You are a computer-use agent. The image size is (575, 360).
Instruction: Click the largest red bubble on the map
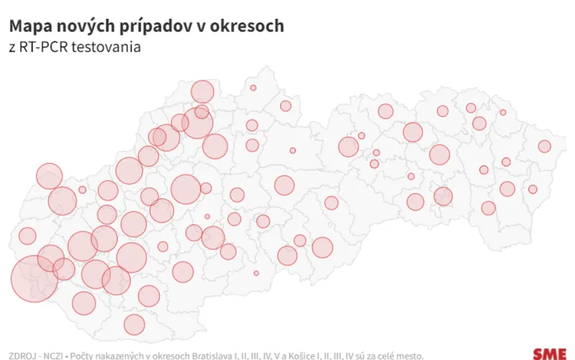pyautogui.click(x=34, y=278)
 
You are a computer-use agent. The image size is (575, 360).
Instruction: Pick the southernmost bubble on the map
pyautogui.click(x=134, y=324)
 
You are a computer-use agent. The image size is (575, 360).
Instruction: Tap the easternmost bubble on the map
pyautogui.click(x=544, y=147)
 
